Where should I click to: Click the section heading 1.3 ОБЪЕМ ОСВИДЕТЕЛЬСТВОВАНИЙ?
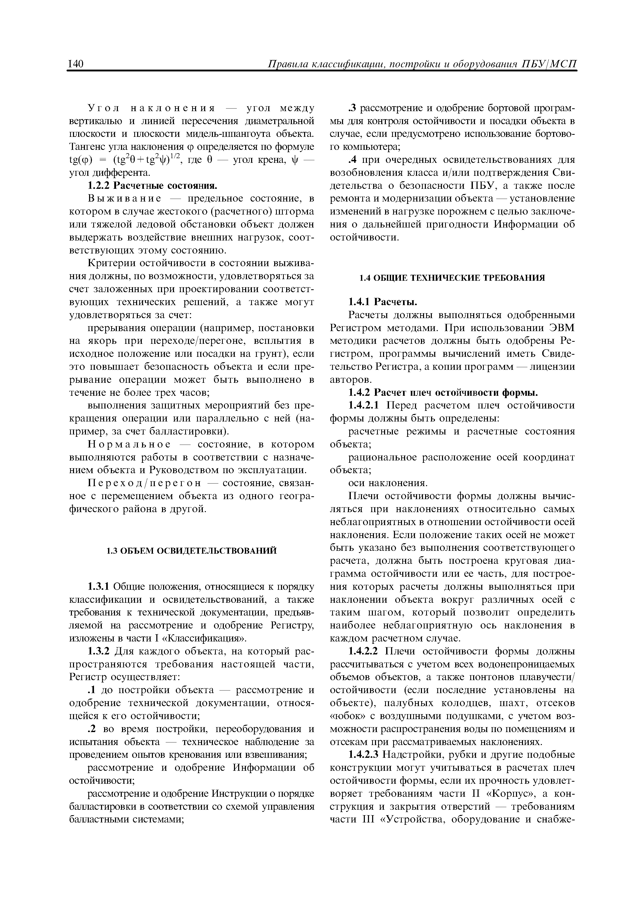pyautogui.click(x=192, y=551)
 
